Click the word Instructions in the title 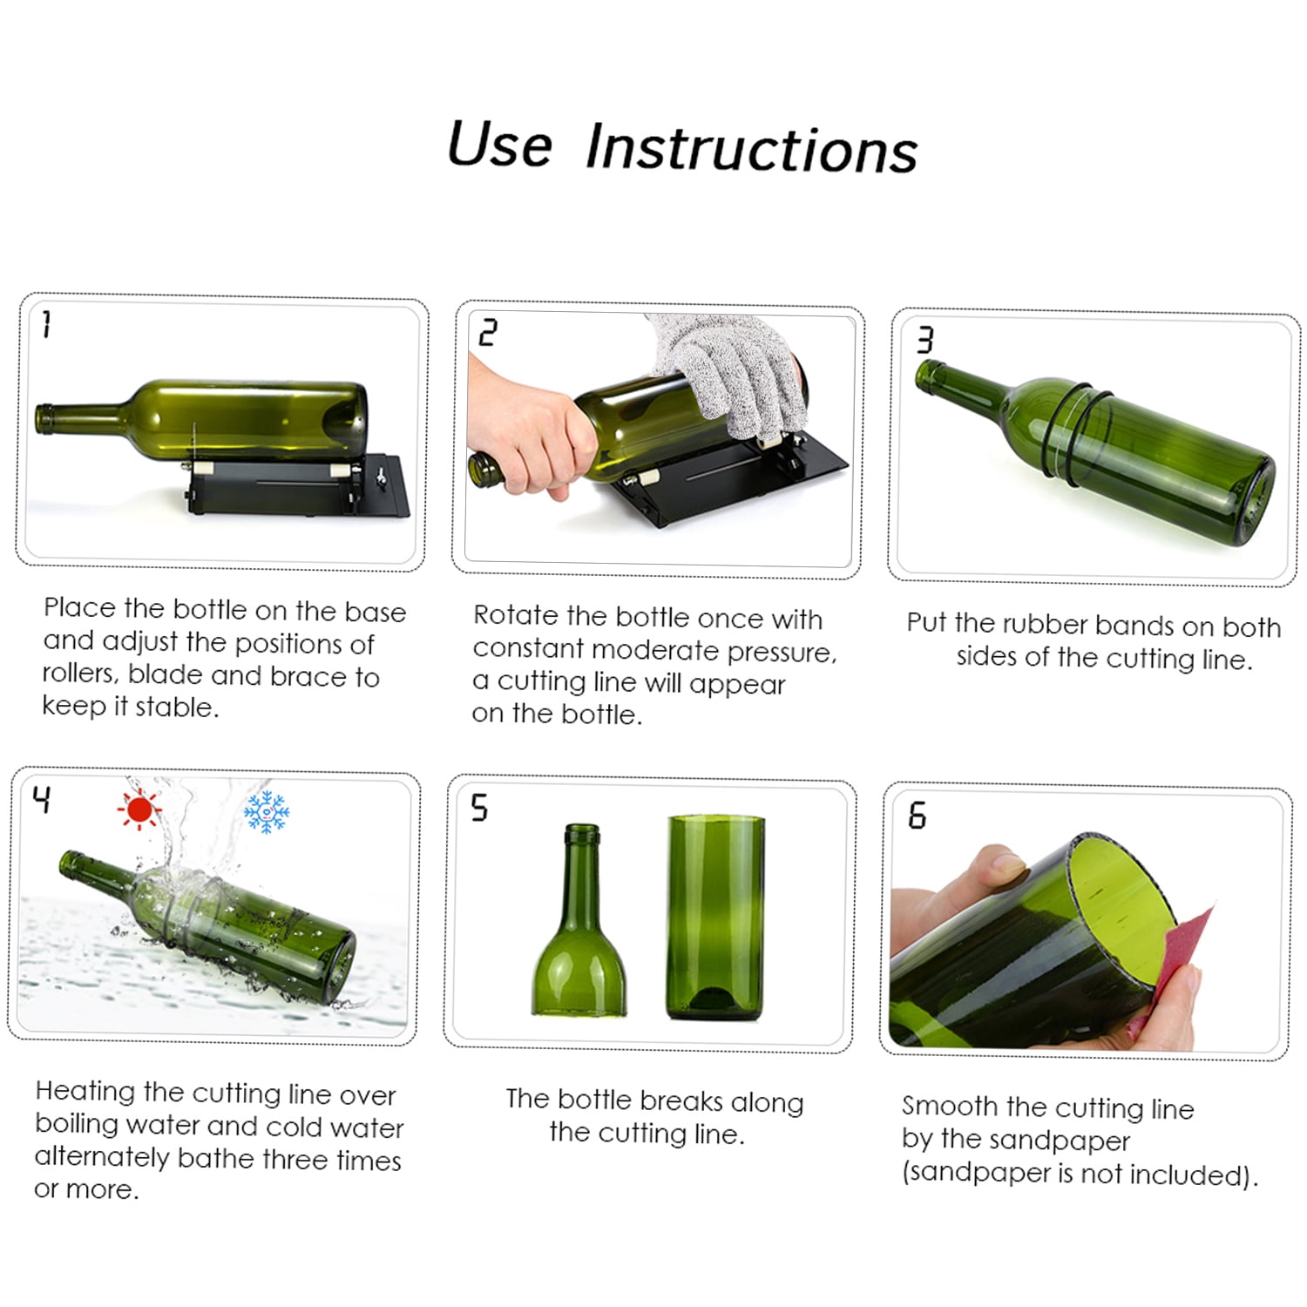[751, 148]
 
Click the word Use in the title [499, 144]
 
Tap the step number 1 [46, 324]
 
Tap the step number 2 [487, 333]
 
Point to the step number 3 [924, 340]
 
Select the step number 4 [42, 798]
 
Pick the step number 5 [479, 808]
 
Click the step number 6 [917, 816]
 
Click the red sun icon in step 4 [138, 809]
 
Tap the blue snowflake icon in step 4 [266, 812]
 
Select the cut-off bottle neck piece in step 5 [581, 932]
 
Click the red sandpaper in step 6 [1176, 958]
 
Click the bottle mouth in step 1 [43, 418]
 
